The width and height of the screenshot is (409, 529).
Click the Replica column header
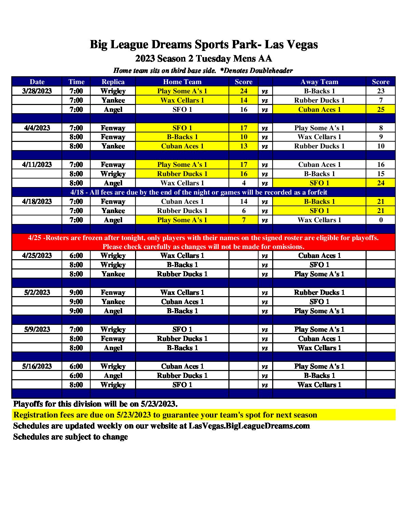pyautogui.click(x=113, y=82)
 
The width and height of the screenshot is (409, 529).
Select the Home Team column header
pyautogui.click(x=182, y=82)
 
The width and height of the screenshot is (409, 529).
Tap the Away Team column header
pyautogui.click(x=319, y=82)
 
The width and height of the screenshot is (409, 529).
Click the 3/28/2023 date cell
pyautogui.click(x=37, y=91)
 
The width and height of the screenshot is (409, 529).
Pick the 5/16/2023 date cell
pyautogui.click(x=37, y=366)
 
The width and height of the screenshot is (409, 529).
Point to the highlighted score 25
pyautogui.click(x=381, y=109)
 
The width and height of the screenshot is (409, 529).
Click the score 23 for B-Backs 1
pyautogui.click(x=381, y=91)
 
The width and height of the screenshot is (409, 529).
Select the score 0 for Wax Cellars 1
pyautogui.click(x=381, y=220)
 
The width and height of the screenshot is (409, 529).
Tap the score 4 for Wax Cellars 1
pyautogui.click(x=243, y=183)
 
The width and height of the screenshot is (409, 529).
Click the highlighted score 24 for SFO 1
pyautogui.click(x=381, y=183)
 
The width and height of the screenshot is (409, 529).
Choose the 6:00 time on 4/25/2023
pyautogui.click(x=76, y=255)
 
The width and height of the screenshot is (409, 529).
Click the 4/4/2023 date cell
pyautogui.click(x=37, y=128)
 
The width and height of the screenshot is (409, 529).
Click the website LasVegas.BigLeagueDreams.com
pyautogui.click(x=249, y=426)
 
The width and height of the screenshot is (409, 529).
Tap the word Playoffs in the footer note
pyautogui.click(x=28, y=404)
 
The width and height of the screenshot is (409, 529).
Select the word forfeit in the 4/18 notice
pyautogui.click(x=316, y=192)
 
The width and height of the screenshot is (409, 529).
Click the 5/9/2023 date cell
pyautogui.click(x=37, y=329)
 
